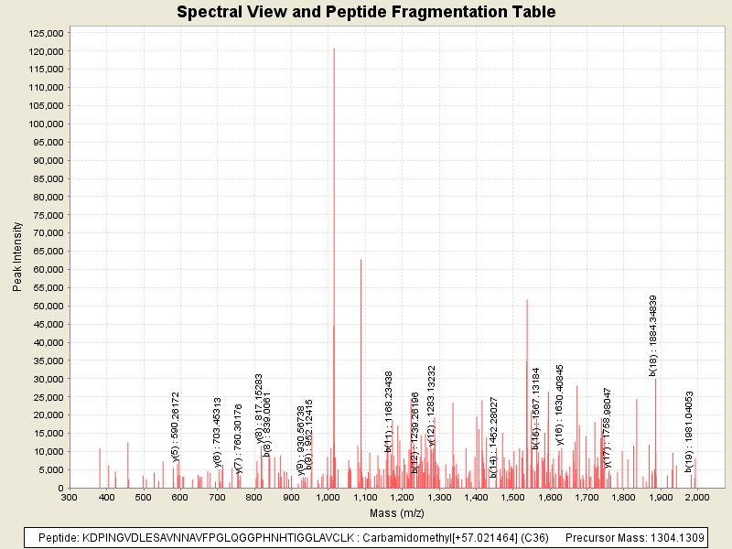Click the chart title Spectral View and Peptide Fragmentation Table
pyautogui.click(x=366, y=12)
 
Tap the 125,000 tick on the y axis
pyautogui.click(x=44, y=33)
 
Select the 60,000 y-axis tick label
pyautogui.click(x=47, y=269)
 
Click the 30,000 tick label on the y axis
pyautogui.click(x=47, y=379)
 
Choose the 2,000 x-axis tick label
pyautogui.click(x=696, y=497)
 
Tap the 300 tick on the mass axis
pyautogui.click(x=70, y=497)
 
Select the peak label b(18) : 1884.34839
pyautogui.click(x=653, y=335)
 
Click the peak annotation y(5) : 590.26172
pyautogui.click(x=177, y=426)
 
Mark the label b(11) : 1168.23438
pyautogui.click(x=389, y=411)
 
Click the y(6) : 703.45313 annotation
pyautogui.click(x=218, y=431)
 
